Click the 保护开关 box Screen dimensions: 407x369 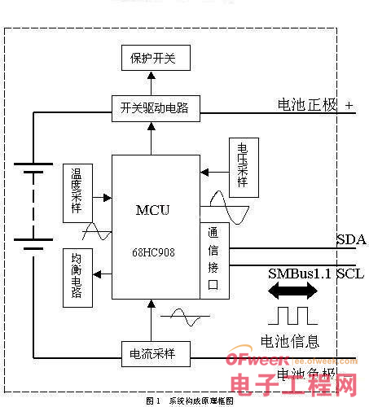(152, 58)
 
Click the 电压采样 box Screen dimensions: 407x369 (241, 167)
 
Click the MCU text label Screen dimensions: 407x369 (152, 210)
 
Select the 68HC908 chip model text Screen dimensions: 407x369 (152, 252)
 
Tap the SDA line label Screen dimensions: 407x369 (350, 239)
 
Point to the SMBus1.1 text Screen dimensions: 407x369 (299, 274)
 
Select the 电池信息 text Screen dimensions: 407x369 (289, 341)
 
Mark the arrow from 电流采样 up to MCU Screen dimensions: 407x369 (152, 321)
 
